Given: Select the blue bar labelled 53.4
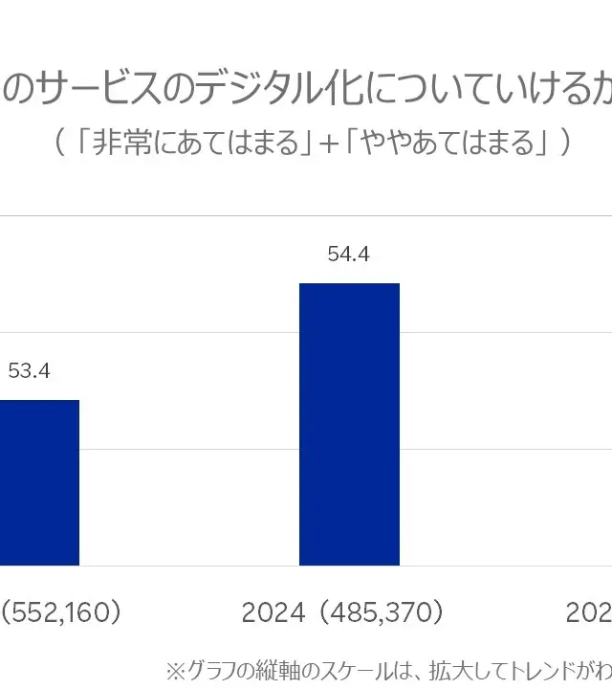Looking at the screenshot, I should click(x=38, y=482).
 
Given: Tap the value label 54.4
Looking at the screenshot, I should click(x=348, y=255).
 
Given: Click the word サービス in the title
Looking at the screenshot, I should click(x=97, y=89).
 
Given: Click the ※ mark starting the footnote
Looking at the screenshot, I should click(x=175, y=669).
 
